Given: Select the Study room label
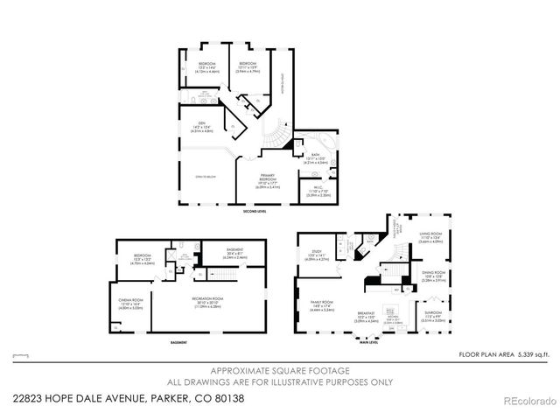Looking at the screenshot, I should (x=314, y=256).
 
